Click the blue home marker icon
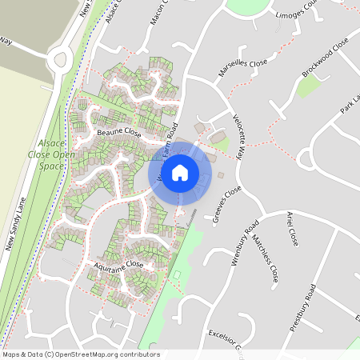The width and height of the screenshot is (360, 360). [x=180, y=171]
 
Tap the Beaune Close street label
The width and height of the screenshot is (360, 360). [x=118, y=132]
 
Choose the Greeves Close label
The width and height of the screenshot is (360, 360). [x=227, y=205]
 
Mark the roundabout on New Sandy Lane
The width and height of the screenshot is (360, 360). [x=59, y=58]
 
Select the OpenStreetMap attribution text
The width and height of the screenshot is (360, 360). [x=80, y=354]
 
